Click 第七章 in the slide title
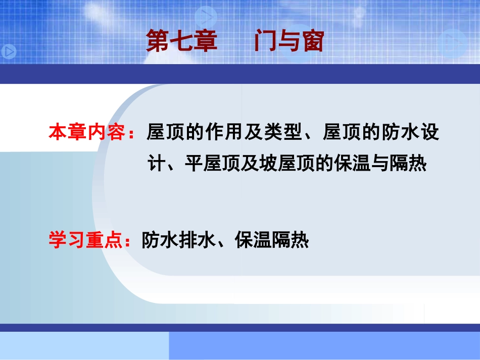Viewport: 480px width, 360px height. [181, 41]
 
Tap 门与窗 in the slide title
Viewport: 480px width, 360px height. [289, 41]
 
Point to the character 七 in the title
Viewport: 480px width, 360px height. [181, 41]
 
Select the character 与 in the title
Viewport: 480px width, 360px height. [289, 41]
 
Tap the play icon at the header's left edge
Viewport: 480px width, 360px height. [9, 51]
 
